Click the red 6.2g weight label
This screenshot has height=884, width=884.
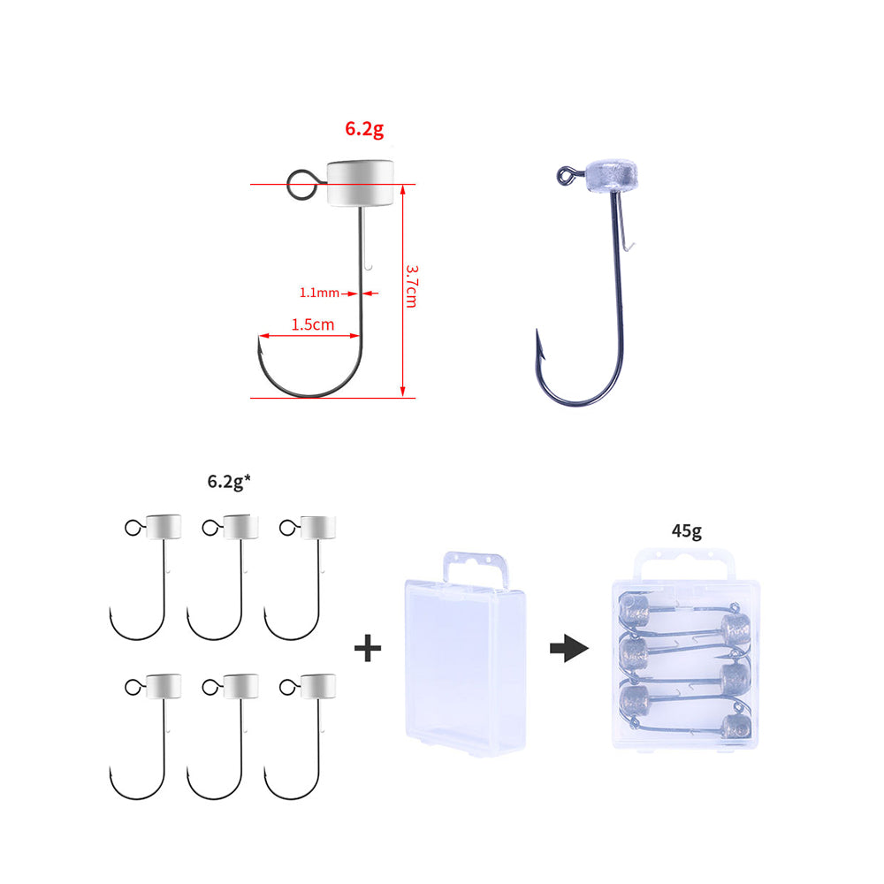364,129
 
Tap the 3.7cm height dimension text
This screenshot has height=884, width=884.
412,286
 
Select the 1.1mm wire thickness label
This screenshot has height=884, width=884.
319,293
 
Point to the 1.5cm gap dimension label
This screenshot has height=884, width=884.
313,324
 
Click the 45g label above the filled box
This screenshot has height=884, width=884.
687,531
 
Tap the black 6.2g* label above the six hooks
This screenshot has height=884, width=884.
229,481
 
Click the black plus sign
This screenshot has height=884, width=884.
368,648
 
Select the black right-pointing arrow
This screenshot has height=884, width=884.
569,648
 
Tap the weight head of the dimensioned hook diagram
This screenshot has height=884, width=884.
361,183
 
